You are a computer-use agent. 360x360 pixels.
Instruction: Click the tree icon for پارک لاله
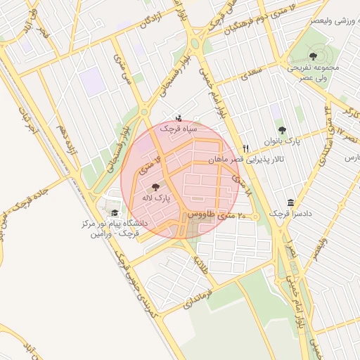pos(155,186)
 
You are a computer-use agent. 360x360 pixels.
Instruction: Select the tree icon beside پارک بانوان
pos(283,130)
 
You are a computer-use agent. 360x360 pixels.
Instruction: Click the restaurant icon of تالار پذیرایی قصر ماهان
pos(245,148)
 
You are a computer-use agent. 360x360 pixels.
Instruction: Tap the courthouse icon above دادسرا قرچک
pos(290,202)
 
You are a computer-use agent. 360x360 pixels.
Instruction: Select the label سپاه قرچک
pos(179,129)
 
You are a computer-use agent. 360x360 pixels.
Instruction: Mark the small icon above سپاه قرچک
pos(179,117)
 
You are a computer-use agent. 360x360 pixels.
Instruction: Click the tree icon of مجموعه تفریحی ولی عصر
pos(313,56)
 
